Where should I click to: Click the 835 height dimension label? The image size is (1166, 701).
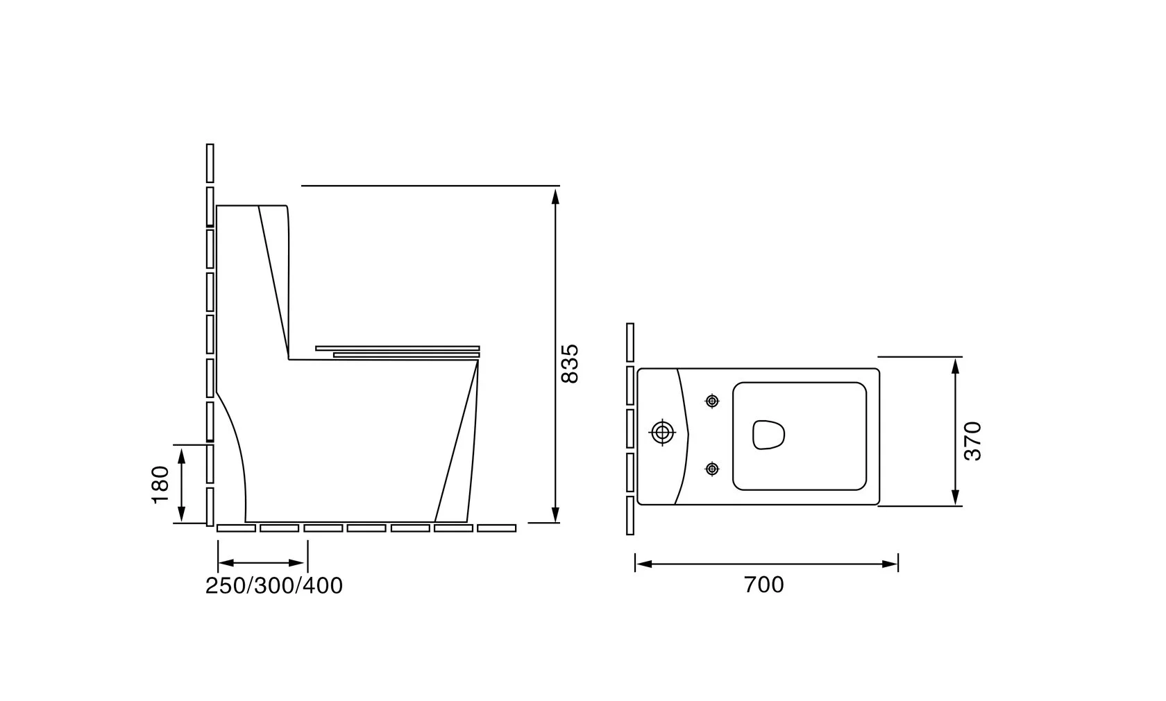click(x=570, y=364)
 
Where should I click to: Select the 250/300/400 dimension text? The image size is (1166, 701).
click(x=273, y=586)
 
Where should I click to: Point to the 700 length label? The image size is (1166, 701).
click(x=763, y=585)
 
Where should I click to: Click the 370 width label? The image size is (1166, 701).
click(x=972, y=441)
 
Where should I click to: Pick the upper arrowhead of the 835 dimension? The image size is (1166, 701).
click(x=555, y=197)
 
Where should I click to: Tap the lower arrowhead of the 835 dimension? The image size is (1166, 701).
click(x=555, y=514)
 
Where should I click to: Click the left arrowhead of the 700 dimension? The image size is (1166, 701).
click(x=644, y=564)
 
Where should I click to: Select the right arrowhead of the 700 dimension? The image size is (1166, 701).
click(x=890, y=564)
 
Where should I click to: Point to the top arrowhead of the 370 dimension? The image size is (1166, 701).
click(x=955, y=366)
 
